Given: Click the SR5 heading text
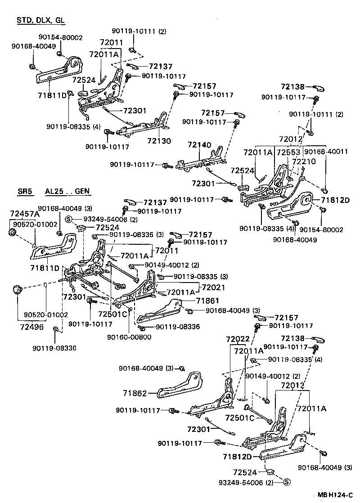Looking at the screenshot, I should [26, 191].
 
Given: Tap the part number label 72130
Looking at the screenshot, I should [158, 141].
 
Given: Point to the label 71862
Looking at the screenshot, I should [135, 393].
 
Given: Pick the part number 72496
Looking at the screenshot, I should [31, 327].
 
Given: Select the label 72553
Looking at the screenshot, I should [289, 153].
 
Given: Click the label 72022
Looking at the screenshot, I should [238, 338].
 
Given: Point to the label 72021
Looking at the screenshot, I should [214, 286].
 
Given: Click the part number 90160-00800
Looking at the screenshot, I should [129, 337].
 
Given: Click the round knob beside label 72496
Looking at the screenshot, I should [18, 290].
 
